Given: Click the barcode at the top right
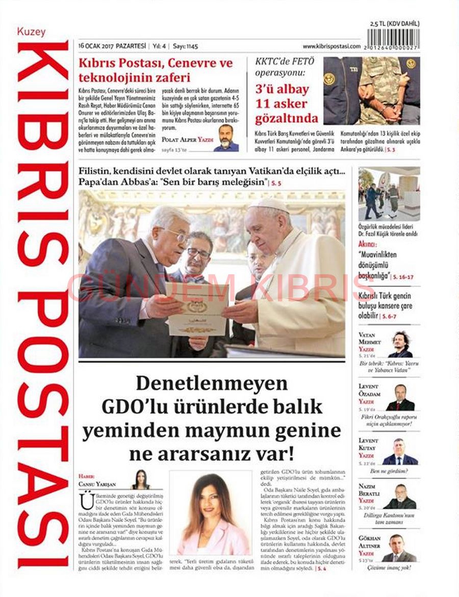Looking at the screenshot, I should click(393, 38).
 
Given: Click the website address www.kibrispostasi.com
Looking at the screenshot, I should click(331, 46).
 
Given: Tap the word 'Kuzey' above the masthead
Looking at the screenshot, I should click(32, 32).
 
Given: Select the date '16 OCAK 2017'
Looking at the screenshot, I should click(96, 46).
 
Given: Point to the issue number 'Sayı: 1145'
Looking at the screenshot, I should click(185, 46).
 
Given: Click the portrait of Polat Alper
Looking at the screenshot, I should click(226, 138).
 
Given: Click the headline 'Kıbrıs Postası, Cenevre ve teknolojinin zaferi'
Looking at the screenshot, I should click(155, 70).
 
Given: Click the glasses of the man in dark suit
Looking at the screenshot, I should click(178, 236).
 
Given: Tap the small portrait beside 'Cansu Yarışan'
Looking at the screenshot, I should click(140, 479).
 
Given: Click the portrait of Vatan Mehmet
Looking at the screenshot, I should click(400, 344).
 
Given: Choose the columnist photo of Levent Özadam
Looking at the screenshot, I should click(400, 397).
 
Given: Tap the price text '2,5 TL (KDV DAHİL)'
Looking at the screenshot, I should click(394, 23).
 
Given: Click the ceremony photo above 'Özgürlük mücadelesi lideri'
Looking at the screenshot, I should click(389, 194).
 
